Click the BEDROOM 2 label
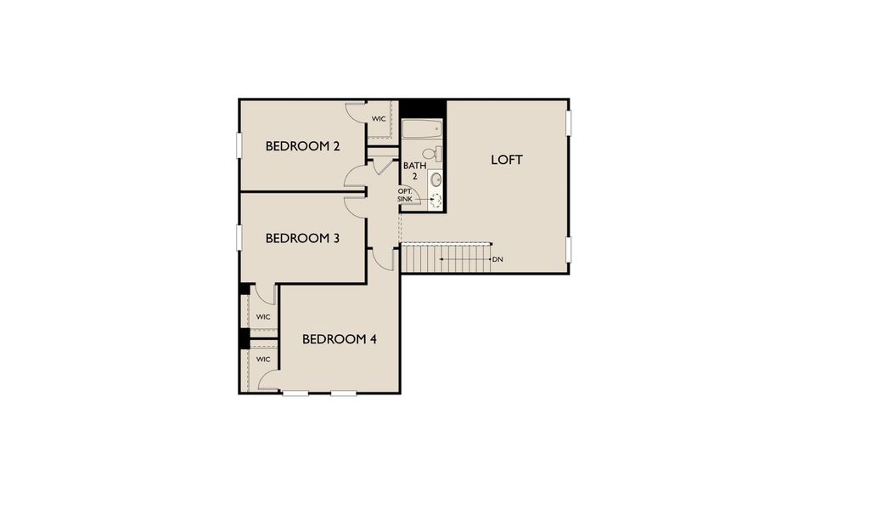[302, 146]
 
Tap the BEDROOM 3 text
[302, 238]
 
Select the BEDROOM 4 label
[340, 339]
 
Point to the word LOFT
[507, 160]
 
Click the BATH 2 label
[414, 171]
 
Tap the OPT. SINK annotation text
[405, 195]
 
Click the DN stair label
[497, 258]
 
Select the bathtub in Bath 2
[422, 130]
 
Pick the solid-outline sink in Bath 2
[436, 179]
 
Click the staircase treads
[447, 258]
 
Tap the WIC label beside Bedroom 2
[379, 118]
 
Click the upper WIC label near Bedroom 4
[263, 317]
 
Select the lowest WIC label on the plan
[263, 360]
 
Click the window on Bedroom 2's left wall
[239, 145]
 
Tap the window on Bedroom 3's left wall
[239, 237]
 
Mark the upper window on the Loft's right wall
[569, 122]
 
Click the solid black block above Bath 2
[422, 109]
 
